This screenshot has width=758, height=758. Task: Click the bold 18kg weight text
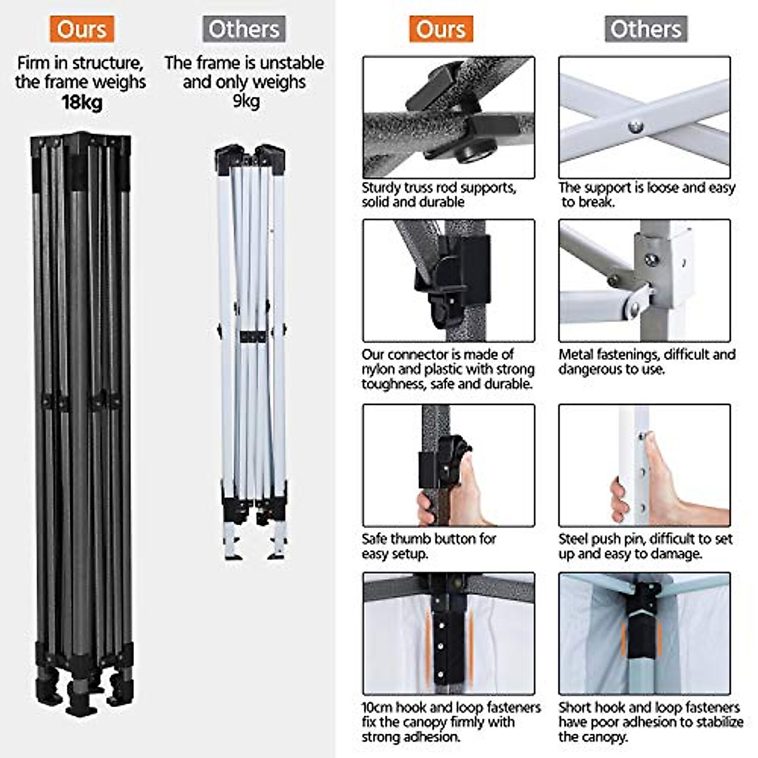[81, 102]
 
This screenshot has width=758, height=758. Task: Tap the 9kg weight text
[246, 101]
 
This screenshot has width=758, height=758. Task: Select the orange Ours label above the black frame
[81, 29]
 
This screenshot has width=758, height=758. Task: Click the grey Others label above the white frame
[244, 29]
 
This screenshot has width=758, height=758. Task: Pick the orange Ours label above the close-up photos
[440, 29]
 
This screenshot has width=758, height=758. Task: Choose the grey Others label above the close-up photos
[646, 29]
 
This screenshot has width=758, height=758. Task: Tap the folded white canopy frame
[251, 347]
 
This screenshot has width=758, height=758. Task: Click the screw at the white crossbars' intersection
[635, 126]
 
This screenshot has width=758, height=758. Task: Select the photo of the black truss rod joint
[448, 117]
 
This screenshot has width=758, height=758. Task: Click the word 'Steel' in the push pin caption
[574, 539]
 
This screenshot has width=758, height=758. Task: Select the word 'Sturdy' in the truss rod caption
[381, 188]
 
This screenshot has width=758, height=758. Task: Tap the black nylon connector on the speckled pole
[458, 278]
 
